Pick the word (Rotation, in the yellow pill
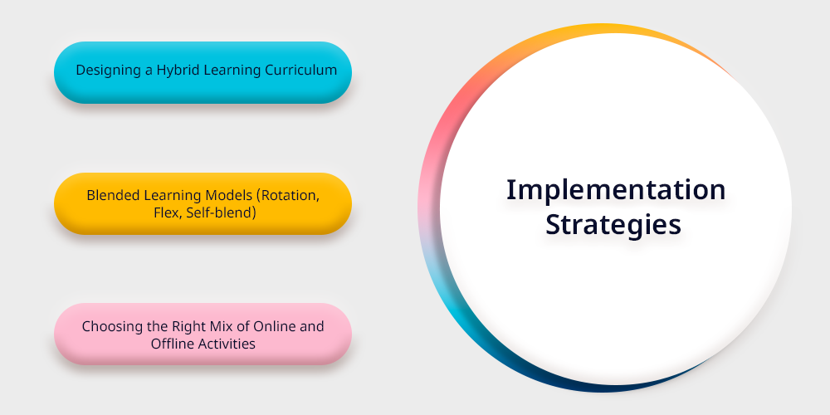point(288,196)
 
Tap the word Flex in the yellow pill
point(164,213)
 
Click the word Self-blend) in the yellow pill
point(218,213)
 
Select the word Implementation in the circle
point(616,191)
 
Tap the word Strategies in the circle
point(613,225)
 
